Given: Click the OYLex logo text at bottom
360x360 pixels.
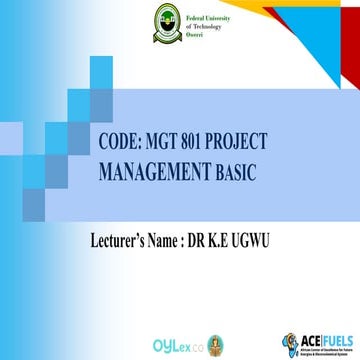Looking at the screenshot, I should click(198, 340).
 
